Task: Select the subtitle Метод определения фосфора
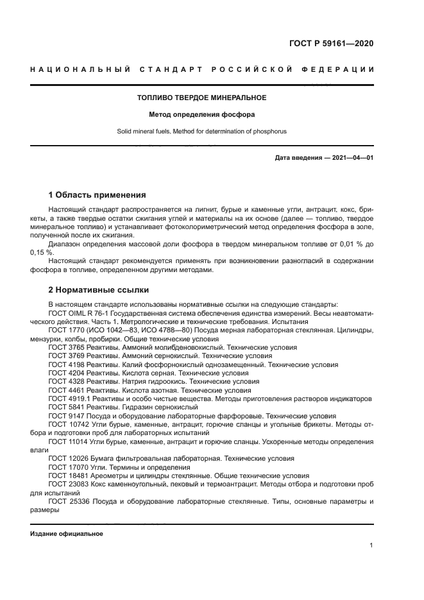pyautogui.click(x=201, y=115)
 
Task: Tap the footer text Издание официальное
pyautogui.click(x=67, y=534)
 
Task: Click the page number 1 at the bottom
pyautogui.click(x=371, y=545)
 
